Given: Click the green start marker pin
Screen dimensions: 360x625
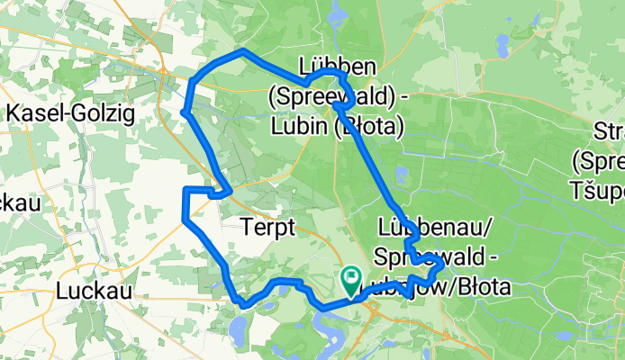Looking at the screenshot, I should (x=350, y=280).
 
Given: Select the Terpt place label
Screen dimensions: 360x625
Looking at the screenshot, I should (x=268, y=229).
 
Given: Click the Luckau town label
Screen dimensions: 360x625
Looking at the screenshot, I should (x=95, y=291).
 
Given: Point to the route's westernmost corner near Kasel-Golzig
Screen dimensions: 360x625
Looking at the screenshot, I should (x=184, y=112).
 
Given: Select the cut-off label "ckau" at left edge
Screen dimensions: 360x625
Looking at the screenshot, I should (x=16, y=202).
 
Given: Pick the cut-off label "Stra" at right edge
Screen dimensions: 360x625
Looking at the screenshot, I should (x=610, y=133).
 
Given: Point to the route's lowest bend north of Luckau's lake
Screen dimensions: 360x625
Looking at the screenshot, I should (x=242, y=303).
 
